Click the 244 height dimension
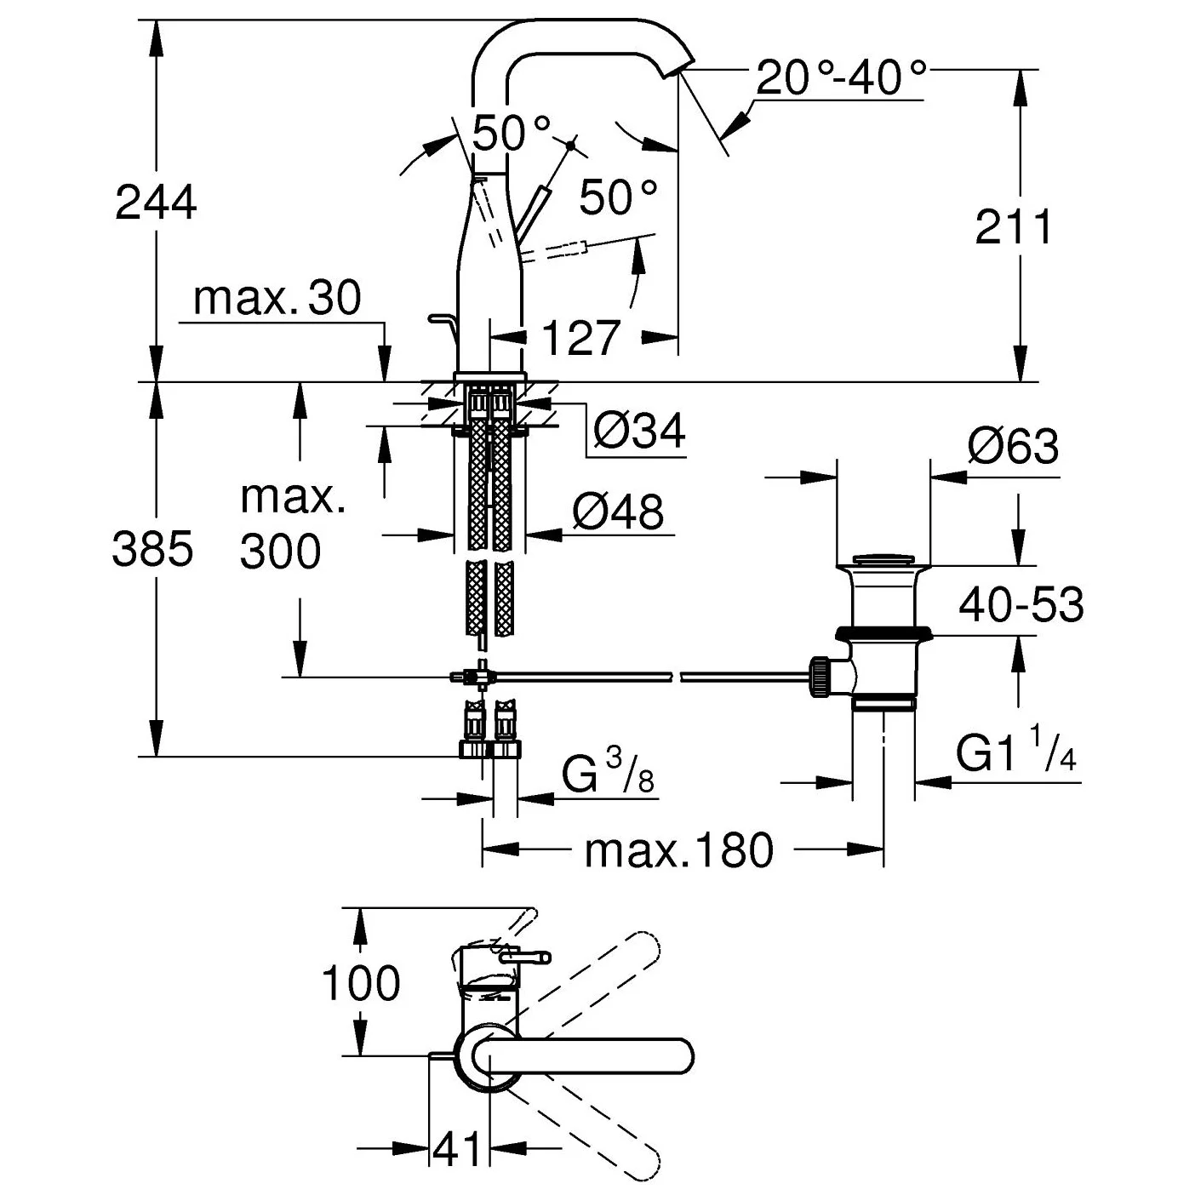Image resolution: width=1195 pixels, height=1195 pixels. click(156, 203)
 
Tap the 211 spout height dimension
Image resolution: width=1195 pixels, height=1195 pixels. click(1014, 227)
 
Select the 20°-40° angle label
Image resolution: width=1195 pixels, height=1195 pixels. click(840, 79)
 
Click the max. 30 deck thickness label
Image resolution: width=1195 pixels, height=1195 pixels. click(277, 298)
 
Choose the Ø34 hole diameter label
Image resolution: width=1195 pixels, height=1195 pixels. click(639, 431)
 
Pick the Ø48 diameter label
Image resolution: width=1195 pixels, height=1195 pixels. click(618, 512)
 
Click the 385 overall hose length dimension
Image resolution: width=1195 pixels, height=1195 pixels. click(153, 549)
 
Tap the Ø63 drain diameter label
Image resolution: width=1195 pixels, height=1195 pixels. click(1013, 446)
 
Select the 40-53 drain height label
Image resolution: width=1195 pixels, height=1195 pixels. click(1021, 605)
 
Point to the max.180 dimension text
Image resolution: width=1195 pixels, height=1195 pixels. click(678, 849)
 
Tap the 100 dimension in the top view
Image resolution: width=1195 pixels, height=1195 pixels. click(360, 983)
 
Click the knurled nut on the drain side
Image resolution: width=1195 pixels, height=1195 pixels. click(821, 677)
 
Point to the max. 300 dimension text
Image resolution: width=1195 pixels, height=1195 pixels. click(282, 524)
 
